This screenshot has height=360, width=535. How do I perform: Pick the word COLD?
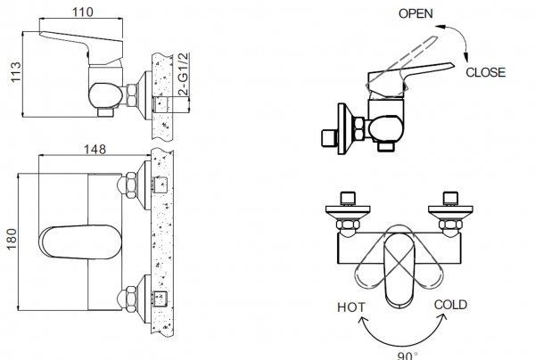click(451, 306)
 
